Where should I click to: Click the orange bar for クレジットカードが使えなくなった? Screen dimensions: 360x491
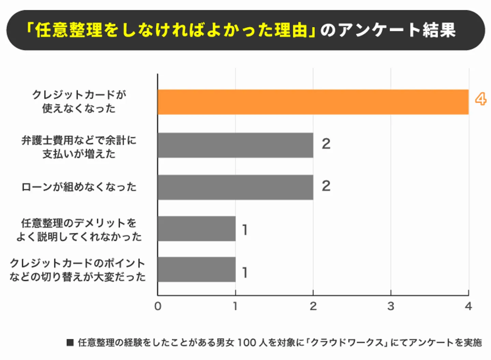(x=313, y=102)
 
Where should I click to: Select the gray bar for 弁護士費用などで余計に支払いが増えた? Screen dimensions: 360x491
(x=235, y=145)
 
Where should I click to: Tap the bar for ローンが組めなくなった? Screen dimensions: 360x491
(x=235, y=187)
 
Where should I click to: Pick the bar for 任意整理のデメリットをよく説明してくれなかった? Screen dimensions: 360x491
(x=196, y=228)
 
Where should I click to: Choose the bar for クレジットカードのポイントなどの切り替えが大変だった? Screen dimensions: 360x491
(x=196, y=269)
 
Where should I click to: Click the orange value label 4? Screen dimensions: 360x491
(x=480, y=99)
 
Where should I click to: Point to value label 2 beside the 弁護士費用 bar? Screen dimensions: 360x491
(x=326, y=144)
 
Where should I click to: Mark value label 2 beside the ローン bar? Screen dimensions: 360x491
(x=326, y=186)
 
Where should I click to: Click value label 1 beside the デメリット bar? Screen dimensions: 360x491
(x=245, y=230)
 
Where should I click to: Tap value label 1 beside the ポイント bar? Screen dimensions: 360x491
(x=245, y=272)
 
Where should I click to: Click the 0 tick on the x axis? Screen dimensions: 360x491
(x=158, y=306)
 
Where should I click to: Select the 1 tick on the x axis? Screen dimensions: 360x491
(x=235, y=306)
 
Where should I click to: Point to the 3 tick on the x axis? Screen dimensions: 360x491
(x=391, y=306)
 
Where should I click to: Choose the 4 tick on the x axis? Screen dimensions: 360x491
(x=468, y=306)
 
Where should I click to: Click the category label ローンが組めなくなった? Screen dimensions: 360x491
(x=79, y=187)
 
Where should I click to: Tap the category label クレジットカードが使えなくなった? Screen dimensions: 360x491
(x=79, y=101)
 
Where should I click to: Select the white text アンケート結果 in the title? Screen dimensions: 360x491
(x=397, y=30)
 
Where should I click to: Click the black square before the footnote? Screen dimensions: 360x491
(x=70, y=342)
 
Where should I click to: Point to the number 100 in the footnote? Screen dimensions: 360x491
(x=247, y=342)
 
